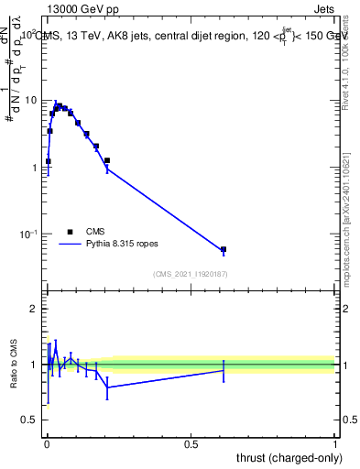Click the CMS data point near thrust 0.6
(224, 249)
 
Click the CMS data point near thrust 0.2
(107, 160)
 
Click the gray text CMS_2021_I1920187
(190, 273)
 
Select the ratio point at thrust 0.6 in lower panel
(224, 369)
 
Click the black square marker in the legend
(71, 232)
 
